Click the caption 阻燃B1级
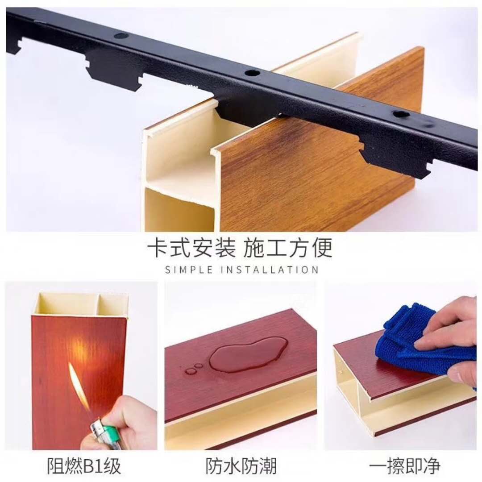84,465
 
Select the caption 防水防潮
241,465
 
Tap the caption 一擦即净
404,465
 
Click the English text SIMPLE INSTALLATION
241,270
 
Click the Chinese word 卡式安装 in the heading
191,247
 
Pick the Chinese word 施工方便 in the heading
288,247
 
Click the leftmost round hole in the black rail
121,36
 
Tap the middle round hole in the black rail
252,74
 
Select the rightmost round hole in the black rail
401,114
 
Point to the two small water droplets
194,369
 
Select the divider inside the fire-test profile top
98,304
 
